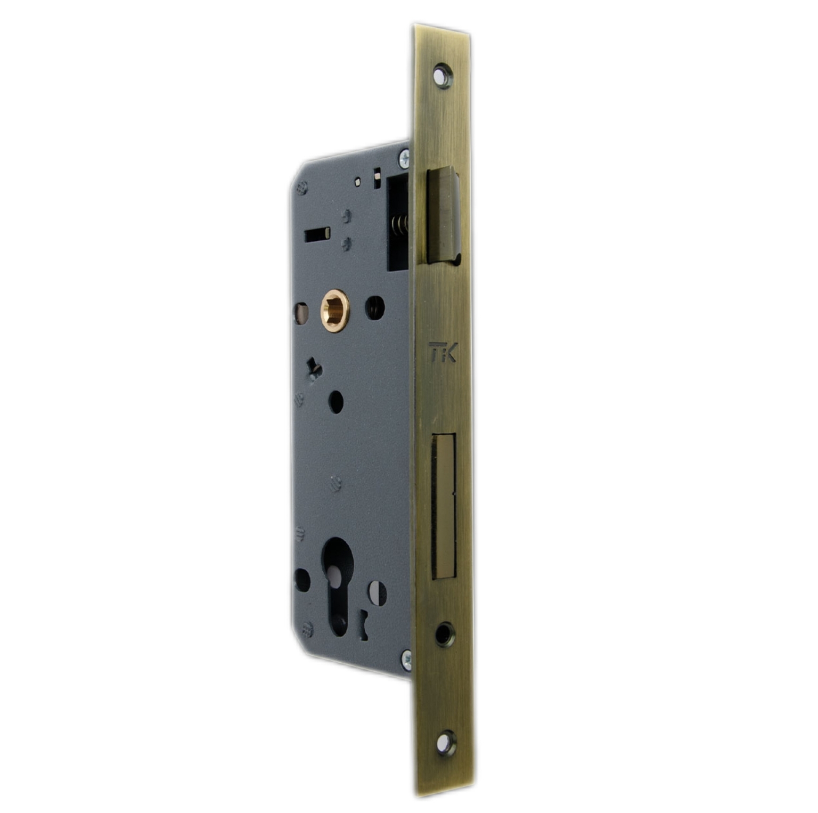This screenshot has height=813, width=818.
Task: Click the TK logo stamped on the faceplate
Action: [x=443, y=353]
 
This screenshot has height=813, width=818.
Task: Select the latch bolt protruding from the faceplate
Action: [x=443, y=216]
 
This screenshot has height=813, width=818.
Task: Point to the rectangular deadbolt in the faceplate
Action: [x=444, y=506]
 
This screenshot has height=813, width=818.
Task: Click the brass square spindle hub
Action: [x=335, y=311]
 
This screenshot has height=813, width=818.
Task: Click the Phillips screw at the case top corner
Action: [x=404, y=158]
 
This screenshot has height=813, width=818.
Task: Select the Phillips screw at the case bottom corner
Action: [x=406, y=660]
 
